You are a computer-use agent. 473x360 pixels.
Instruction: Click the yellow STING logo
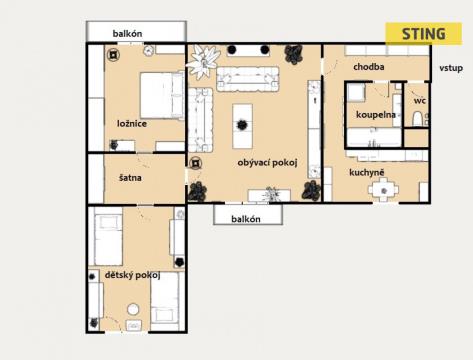pyautogui.click(x=424, y=34)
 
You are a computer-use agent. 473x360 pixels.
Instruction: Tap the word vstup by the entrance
pyautogui.click(x=451, y=68)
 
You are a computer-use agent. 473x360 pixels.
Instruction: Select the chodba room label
pyautogui.click(x=369, y=67)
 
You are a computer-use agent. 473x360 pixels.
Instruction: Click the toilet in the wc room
pyautogui.click(x=417, y=119)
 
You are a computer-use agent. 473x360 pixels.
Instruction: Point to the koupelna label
pyautogui.click(x=376, y=115)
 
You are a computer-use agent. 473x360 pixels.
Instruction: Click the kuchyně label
pyautogui.click(x=367, y=172)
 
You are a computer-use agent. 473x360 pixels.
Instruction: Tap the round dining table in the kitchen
pyautogui.click(x=384, y=191)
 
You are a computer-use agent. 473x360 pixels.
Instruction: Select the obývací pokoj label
pyautogui.click(x=267, y=163)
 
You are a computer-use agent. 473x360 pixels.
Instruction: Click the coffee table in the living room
pyautogui.click(x=242, y=126)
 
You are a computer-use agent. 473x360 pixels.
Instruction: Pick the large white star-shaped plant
pyautogui.click(x=203, y=61)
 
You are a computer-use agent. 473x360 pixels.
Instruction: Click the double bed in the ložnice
pyautogui.click(x=162, y=95)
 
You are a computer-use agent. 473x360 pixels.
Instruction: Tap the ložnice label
pyautogui.click(x=132, y=124)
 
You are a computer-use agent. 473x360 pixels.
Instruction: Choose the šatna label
pyautogui.click(x=130, y=178)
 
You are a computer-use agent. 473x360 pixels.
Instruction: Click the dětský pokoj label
pyautogui.click(x=133, y=275)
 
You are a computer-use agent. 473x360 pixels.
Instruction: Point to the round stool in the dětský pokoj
pyautogui.click(x=133, y=309)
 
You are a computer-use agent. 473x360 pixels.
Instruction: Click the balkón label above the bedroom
pyautogui.click(x=127, y=33)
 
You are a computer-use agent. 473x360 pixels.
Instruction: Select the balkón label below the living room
pyautogui.click(x=246, y=219)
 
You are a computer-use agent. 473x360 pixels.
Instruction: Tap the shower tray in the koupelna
pyautogui.click(x=356, y=93)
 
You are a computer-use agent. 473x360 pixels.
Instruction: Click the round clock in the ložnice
pyautogui.click(x=148, y=51)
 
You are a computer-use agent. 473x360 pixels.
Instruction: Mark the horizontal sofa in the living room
pyautogui.click(x=248, y=79)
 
